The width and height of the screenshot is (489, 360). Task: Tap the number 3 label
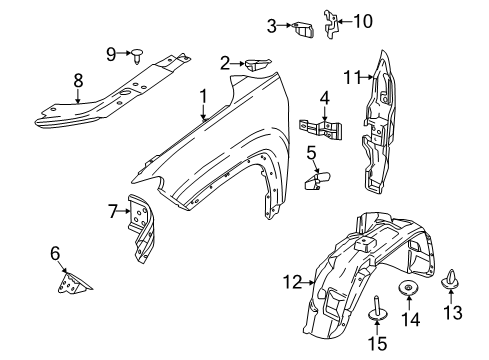[271, 25]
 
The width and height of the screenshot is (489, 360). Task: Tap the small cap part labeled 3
[305, 28]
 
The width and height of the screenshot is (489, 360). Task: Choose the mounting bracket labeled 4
[321, 128]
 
